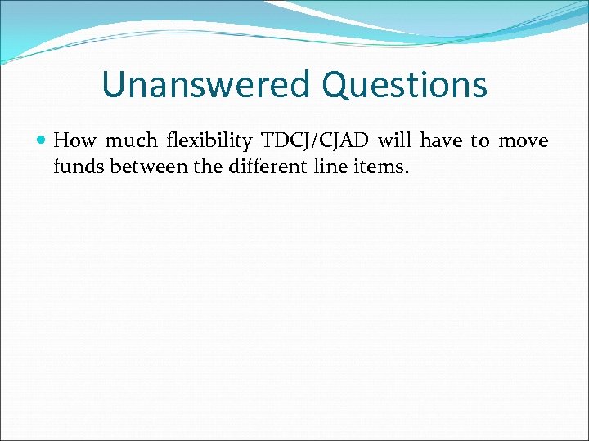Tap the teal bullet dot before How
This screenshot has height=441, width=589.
[x=42, y=141]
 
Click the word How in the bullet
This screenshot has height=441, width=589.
[x=74, y=141]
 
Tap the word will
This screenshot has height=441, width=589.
[x=395, y=141]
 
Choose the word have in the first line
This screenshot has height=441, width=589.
[x=442, y=141]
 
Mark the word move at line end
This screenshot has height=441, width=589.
[x=524, y=141]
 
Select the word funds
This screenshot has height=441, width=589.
[x=76, y=167]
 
